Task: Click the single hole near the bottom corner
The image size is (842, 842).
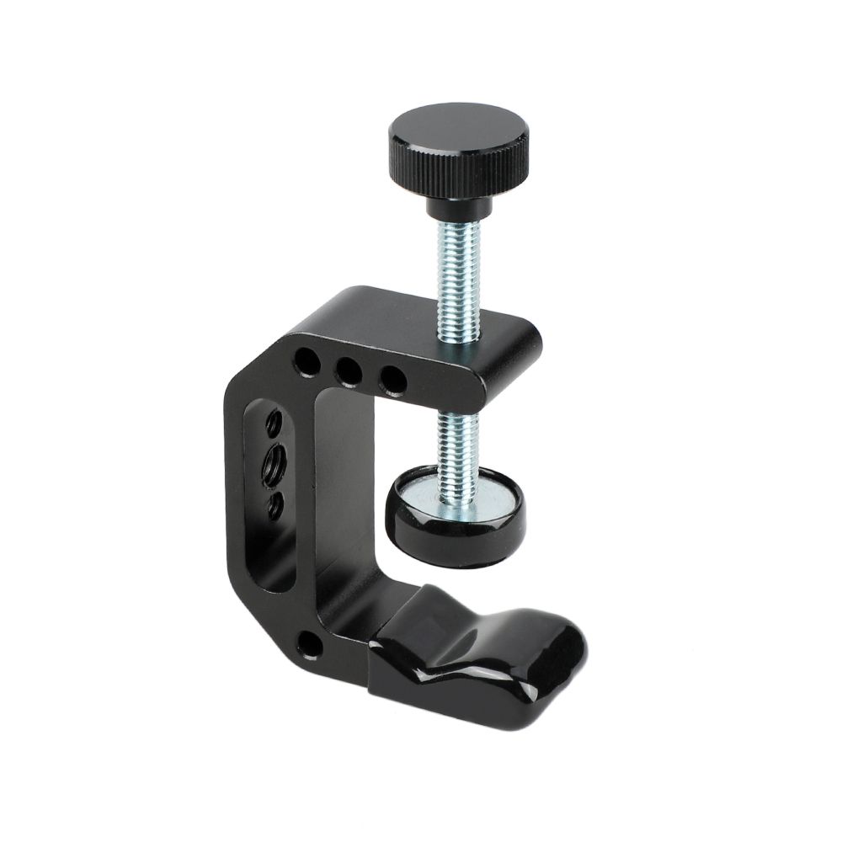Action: pyautogui.click(x=311, y=646)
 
